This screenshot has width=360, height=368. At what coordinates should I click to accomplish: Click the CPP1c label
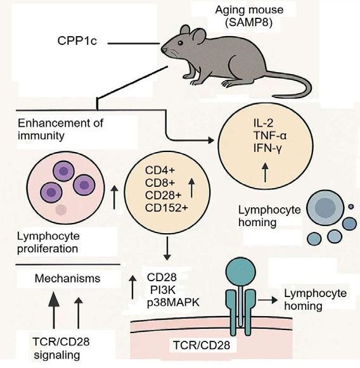pos(77,41)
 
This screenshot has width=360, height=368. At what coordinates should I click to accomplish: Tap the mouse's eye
pos(181,43)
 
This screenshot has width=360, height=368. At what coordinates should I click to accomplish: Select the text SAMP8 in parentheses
pos(249,23)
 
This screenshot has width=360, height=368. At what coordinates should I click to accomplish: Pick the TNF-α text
pos(270,136)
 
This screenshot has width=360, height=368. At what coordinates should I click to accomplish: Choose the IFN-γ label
pos(267,148)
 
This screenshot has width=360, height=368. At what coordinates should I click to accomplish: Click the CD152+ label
pos(167,208)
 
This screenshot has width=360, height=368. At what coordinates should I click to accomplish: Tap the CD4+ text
pos(160,170)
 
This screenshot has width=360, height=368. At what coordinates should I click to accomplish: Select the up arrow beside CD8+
pos(192,187)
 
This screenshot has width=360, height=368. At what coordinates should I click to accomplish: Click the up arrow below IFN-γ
pos(266,172)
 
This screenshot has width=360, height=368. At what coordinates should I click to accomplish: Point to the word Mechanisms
pos(67,278)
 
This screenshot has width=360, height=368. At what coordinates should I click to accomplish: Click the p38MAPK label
pos(173,303)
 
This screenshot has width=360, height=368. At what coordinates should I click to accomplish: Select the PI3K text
pos(163,290)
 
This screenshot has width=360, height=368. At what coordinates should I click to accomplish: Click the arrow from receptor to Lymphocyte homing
pos(267,300)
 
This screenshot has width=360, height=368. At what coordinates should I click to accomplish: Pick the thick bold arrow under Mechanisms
pos(54,310)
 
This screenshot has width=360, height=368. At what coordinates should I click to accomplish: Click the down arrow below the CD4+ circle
pos(167,248)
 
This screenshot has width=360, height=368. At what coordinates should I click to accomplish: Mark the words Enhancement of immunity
pos(60,129)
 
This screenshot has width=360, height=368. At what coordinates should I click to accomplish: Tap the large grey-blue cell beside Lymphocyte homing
pos(325,208)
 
